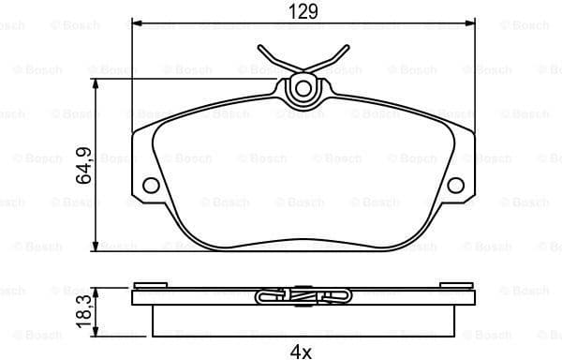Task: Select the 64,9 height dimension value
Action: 84,164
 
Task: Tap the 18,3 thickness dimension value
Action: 84,310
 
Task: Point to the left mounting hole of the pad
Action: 150,186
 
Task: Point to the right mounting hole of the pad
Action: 456,186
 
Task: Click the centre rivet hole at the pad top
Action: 303,90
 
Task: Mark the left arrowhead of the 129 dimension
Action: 137,22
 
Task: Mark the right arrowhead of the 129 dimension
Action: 470,22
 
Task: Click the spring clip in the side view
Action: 303,296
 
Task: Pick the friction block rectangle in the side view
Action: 303,321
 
